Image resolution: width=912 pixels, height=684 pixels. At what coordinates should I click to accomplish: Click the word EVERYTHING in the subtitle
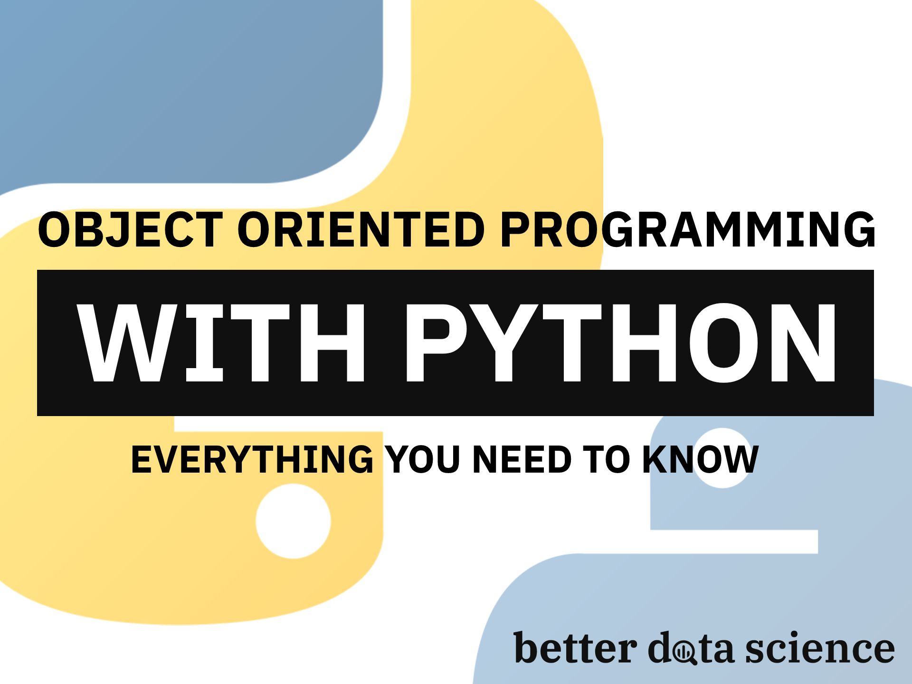pyautogui.click(x=252, y=459)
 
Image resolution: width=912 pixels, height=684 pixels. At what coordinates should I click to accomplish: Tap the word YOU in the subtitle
pyautogui.click(x=423, y=459)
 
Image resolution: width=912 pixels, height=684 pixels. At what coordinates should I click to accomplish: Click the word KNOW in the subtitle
pyautogui.click(x=700, y=459)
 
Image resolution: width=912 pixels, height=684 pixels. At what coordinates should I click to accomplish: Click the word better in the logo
pyautogui.click(x=575, y=648)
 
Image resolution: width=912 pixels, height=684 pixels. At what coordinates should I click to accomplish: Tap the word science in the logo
pyautogui.click(x=820, y=649)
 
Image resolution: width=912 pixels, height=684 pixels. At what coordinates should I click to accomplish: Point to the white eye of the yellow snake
pyautogui.click(x=293, y=521)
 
